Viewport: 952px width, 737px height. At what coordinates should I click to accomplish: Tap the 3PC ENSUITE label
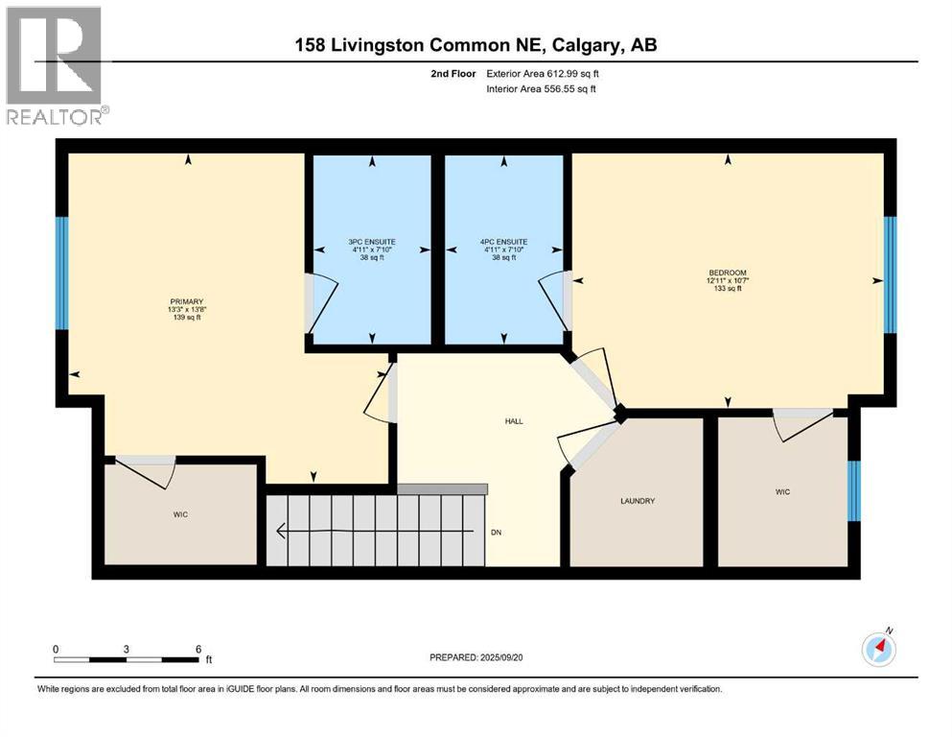point(372,242)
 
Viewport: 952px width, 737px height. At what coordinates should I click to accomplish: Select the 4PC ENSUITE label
point(503,242)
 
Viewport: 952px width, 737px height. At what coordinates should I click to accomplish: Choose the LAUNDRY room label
point(637,501)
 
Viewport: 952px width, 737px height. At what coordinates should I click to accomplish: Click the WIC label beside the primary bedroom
point(180,514)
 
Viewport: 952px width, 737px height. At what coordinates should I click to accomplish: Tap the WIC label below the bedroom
point(782,491)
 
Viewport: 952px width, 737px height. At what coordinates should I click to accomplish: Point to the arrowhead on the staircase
point(281,530)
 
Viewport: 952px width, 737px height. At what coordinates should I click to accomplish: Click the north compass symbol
point(878,650)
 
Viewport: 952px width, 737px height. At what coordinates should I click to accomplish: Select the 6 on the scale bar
point(197,649)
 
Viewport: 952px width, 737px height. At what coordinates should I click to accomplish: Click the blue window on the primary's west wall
point(62,273)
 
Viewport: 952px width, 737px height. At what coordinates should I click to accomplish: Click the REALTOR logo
point(54,66)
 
